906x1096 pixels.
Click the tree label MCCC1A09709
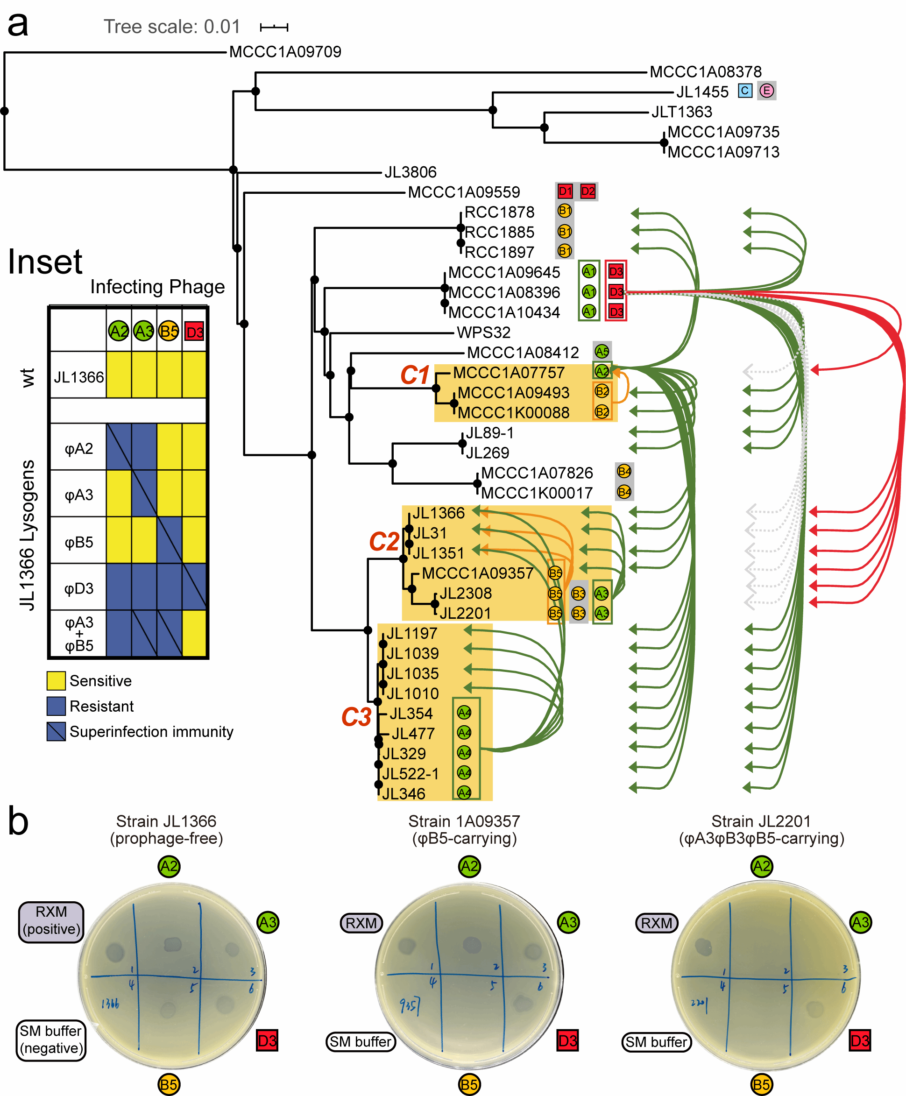click(285, 52)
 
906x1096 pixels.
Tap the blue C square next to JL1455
click(745, 91)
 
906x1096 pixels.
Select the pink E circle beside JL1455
click(766, 91)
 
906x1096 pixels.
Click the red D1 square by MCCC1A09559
click(565, 191)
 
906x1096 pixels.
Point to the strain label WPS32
click(483, 332)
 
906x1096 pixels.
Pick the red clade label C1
click(414, 375)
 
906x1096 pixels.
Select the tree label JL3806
click(410, 172)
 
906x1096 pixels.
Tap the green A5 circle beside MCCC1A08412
click(602, 351)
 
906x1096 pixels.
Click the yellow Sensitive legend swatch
click(56, 680)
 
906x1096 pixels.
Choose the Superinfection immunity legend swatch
click(56, 731)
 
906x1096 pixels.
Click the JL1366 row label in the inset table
click(79, 377)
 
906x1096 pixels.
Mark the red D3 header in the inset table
click(194, 332)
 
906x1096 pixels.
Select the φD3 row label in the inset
click(79, 588)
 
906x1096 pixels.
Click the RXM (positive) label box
click(51, 922)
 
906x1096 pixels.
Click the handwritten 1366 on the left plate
click(110, 1003)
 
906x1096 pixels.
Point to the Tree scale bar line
click(274, 27)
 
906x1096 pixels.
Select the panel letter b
click(18, 821)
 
